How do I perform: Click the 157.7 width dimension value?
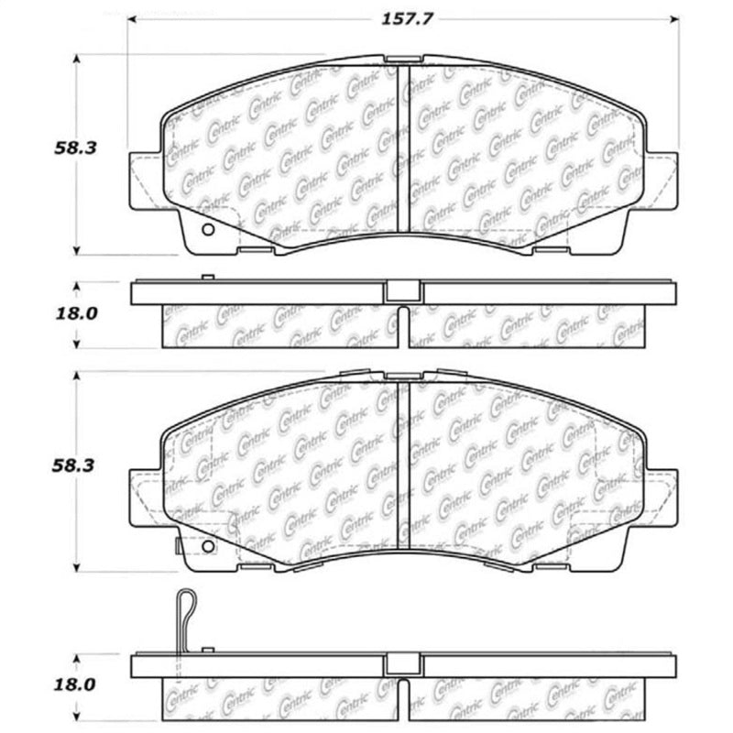(400, 17)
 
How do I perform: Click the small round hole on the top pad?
(206, 229)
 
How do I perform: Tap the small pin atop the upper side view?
(207, 277)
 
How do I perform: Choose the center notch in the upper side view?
(396, 290)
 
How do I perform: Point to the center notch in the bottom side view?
(396, 664)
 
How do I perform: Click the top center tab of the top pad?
(397, 60)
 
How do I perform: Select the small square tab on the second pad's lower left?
(176, 547)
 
